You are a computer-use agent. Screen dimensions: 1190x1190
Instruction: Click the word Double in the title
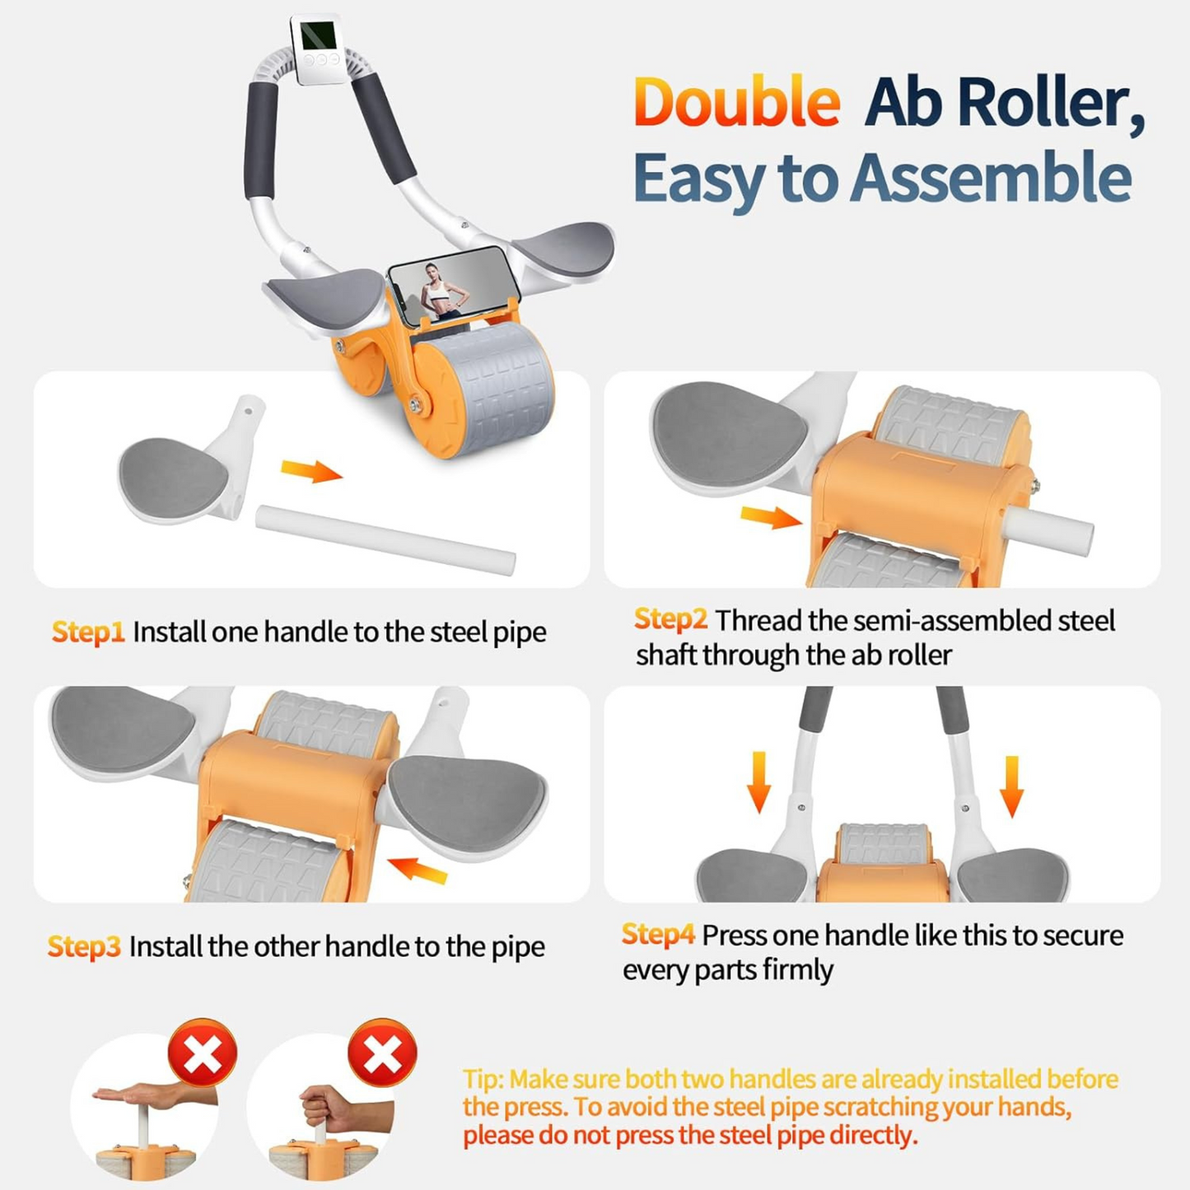(x=736, y=103)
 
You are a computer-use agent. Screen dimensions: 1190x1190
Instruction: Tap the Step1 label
(x=87, y=632)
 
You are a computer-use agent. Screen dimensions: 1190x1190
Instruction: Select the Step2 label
(x=670, y=619)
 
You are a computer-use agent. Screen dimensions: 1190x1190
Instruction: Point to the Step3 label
(x=84, y=946)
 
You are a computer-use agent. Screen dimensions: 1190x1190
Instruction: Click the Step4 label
(x=658, y=935)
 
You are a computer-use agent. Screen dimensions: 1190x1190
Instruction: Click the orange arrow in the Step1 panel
(x=310, y=471)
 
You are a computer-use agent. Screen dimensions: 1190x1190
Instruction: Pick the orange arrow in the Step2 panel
(x=770, y=517)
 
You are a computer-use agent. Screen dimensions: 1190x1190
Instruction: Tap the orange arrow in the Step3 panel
(x=418, y=870)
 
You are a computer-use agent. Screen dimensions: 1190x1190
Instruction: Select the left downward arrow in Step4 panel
(x=758, y=782)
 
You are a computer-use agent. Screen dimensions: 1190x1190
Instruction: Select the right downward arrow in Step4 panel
(x=1011, y=786)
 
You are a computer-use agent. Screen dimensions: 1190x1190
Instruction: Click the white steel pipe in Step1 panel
(x=385, y=539)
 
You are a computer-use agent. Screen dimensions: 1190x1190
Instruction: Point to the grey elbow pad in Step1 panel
(x=173, y=476)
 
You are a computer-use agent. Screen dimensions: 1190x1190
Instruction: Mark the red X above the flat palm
(x=203, y=1052)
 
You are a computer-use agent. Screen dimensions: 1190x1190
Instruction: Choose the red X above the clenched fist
(x=382, y=1052)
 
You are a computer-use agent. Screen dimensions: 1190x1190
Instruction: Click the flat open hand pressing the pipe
(x=140, y=1095)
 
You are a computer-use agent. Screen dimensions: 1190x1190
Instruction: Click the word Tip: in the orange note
(x=483, y=1079)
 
